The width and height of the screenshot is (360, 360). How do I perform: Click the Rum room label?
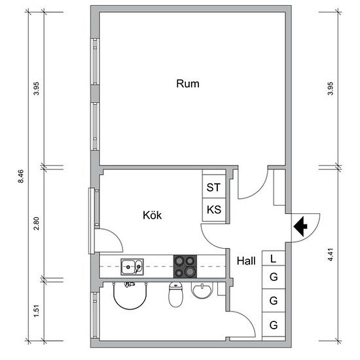coord(188,84)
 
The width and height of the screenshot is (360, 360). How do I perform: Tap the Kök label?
coord(153,215)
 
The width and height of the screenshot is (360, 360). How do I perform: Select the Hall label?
coord(246,261)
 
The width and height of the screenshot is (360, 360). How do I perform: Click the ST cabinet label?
coord(213,187)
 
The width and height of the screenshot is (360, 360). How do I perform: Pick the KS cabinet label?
coord(214,209)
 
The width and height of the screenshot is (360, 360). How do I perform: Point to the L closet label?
coord(273,259)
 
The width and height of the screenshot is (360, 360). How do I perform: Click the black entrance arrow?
coord(300,226)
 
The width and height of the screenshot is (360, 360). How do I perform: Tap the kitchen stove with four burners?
coord(185,266)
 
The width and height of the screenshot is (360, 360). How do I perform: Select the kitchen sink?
coord(132,267)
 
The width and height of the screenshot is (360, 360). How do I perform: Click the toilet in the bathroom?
coord(176,295)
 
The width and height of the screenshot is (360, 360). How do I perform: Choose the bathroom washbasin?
coord(202,291)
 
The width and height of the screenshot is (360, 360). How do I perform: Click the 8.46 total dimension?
coord(21,176)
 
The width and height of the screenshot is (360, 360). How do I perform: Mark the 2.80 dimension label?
coord(36,223)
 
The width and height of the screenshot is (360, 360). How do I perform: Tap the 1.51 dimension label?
coord(36,311)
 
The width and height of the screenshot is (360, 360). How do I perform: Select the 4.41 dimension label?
coord(330,255)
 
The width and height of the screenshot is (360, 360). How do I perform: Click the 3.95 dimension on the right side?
coord(330,88)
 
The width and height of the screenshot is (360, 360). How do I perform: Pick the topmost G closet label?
coord(274,277)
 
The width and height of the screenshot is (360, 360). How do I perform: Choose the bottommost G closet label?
coord(274,325)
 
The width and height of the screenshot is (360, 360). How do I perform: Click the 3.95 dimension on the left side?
coord(36,88)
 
